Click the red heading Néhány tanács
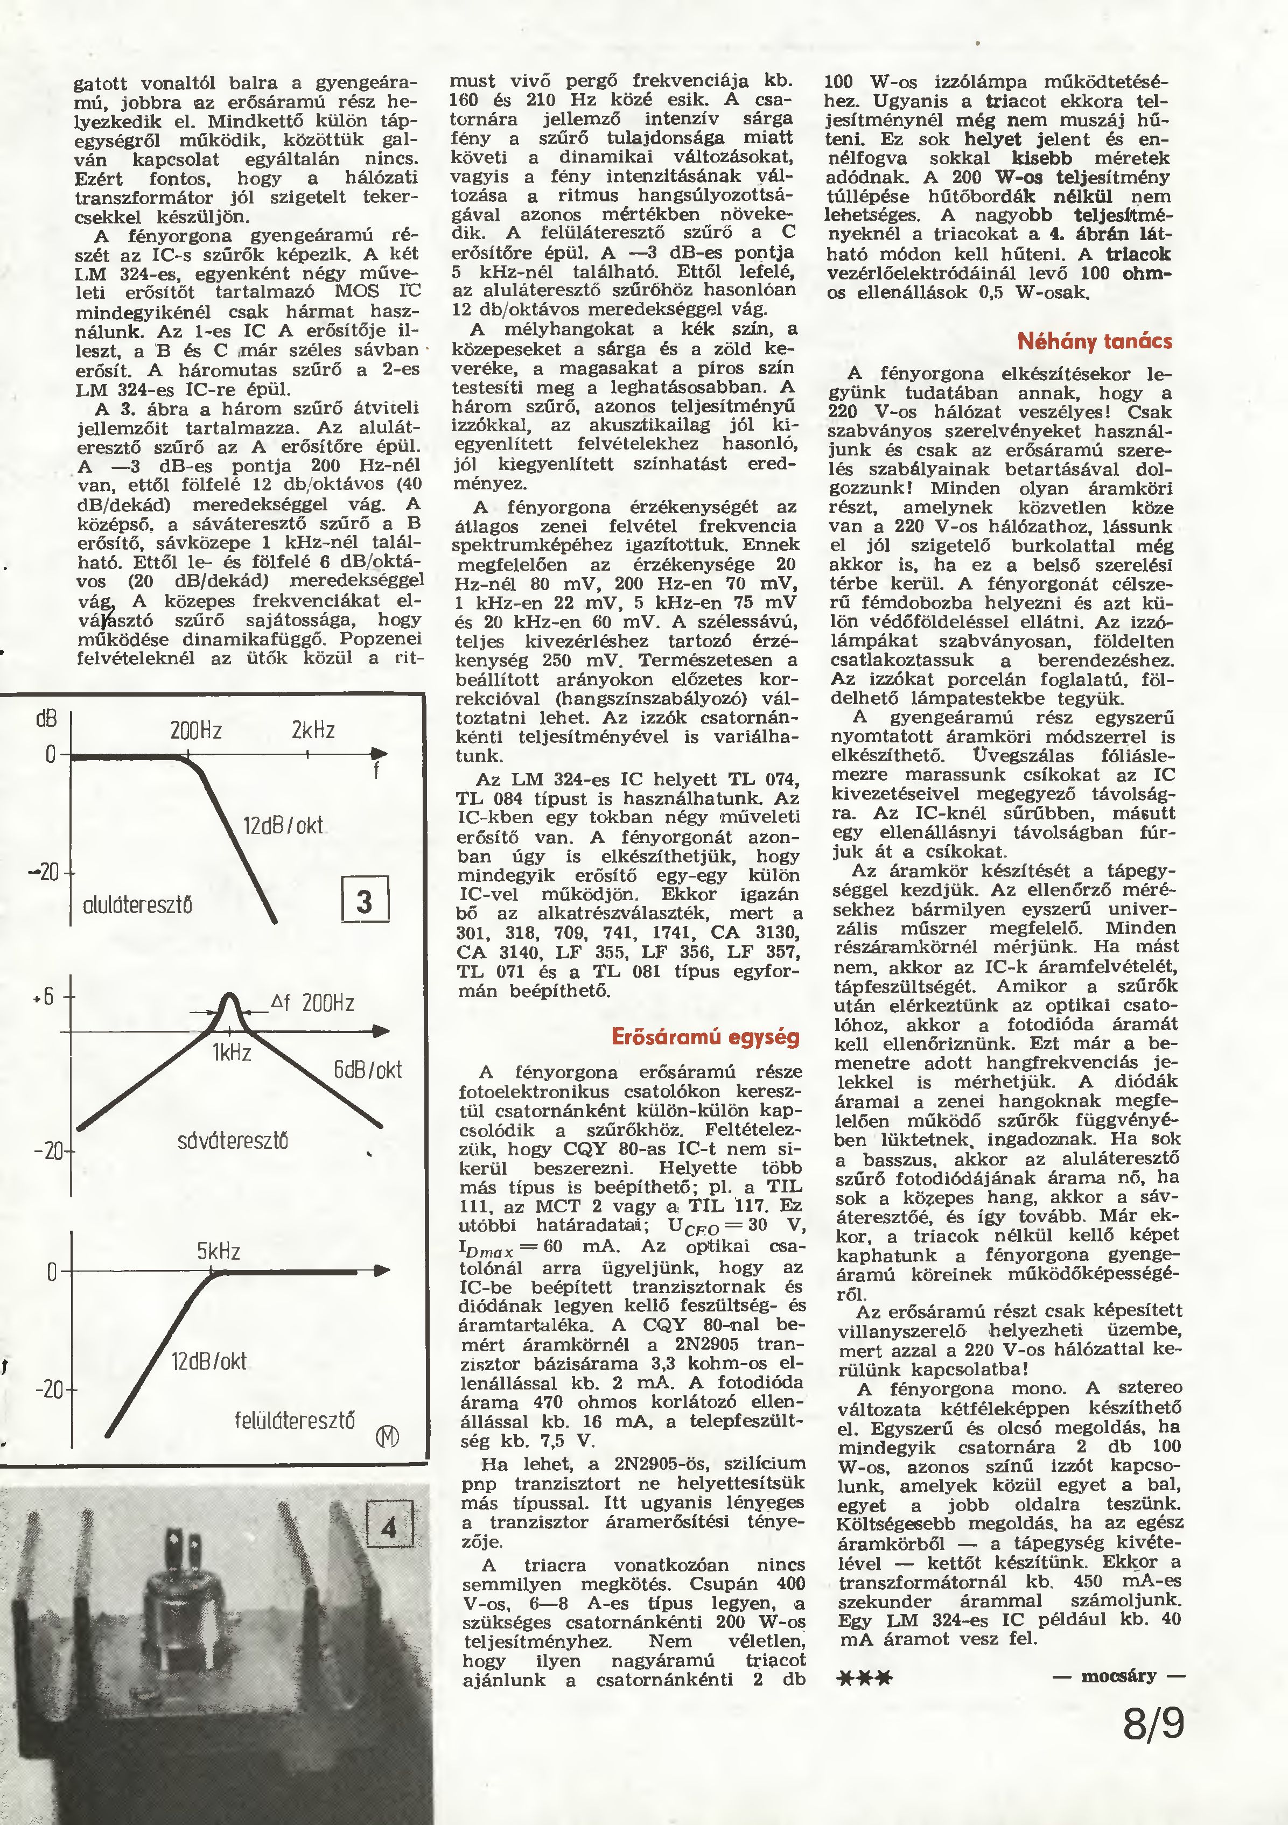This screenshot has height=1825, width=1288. [1094, 342]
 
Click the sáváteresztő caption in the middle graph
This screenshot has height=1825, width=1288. [232, 1141]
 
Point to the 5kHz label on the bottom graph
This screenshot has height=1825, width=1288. [219, 1252]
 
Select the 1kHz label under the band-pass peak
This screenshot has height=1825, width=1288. [232, 1053]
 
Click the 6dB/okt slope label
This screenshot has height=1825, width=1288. [367, 1069]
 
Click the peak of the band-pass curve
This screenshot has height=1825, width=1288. [230, 996]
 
